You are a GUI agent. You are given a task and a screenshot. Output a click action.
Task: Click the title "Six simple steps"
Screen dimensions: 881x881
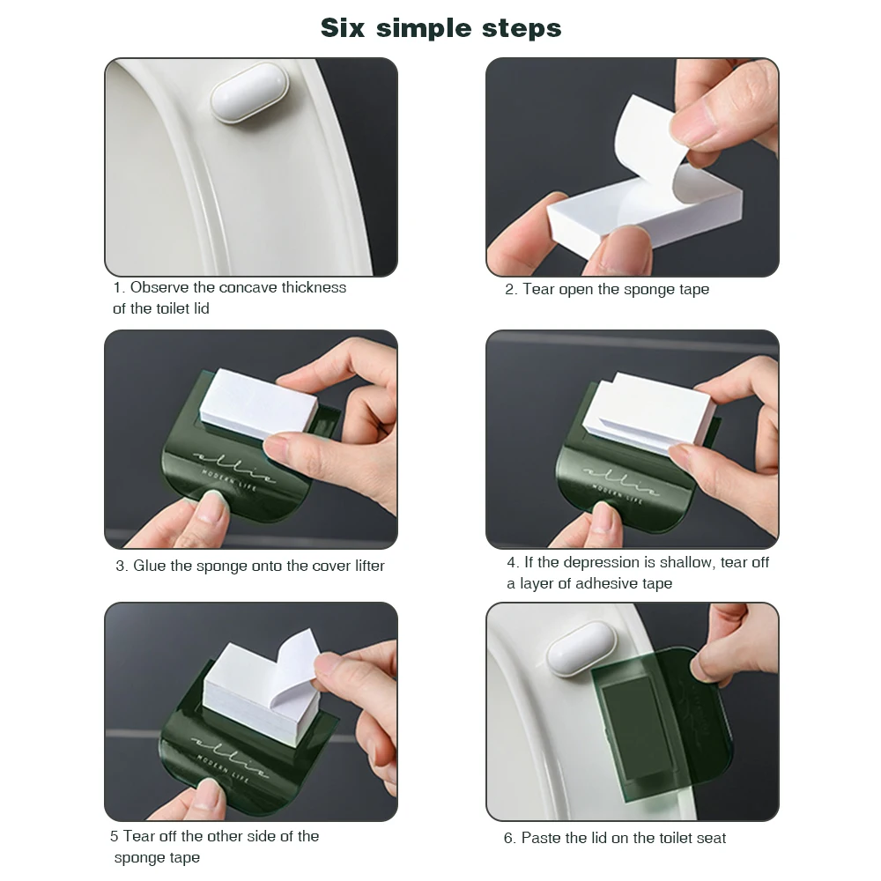(x=440, y=28)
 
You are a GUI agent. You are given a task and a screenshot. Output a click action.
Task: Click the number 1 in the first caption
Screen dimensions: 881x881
(x=117, y=287)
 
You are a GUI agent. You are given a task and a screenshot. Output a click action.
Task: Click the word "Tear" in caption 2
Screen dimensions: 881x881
(x=538, y=289)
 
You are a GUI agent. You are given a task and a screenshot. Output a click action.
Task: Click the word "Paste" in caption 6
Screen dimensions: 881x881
(x=541, y=838)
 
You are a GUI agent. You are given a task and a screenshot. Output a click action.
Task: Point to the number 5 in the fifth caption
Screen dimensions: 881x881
(x=115, y=836)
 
